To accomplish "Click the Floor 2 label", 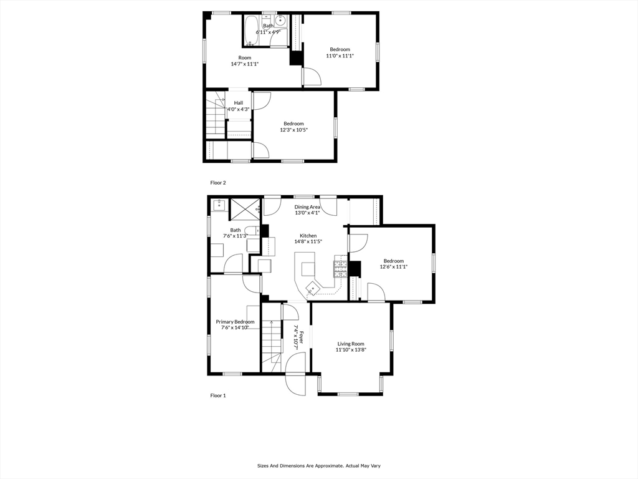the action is [217, 183].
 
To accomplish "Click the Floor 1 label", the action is [217, 395].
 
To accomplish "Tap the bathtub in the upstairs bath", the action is [250, 30].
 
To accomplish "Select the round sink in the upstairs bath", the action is [280, 21].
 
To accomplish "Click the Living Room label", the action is [351, 344].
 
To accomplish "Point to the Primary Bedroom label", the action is [235, 322].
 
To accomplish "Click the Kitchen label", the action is [308, 236].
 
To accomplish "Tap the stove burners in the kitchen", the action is [341, 269].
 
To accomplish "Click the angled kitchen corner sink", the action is [312, 289].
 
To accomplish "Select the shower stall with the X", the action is [245, 209].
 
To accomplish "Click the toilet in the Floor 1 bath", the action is [252, 231].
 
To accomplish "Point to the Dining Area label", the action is [307, 207].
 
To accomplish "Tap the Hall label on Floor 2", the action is [239, 103].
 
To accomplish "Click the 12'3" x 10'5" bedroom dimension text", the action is [294, 130].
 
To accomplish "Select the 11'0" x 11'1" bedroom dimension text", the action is [340, 56].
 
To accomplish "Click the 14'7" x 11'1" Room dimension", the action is [245, 64].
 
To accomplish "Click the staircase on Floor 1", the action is [271, 341].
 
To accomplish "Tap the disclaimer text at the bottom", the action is [318, 465].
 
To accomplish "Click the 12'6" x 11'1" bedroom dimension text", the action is [394, 267].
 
